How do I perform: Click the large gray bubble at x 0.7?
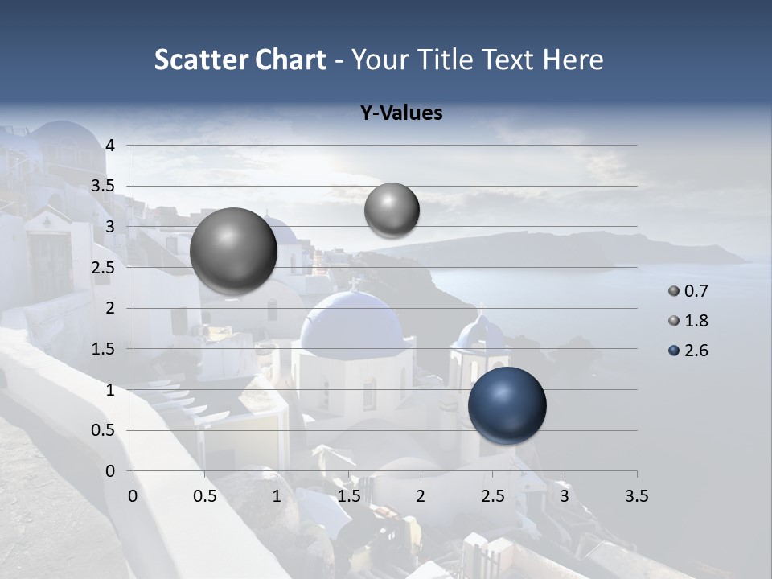click(x=234, y=251)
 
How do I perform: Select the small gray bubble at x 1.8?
click(x=392, y=210)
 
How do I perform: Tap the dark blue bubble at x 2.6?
click(x=507, y=405)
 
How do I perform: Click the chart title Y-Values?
click(x=401, y=113)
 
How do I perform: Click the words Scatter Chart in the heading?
click(x=240, y=60)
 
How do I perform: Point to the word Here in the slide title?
click(x=573, y=60)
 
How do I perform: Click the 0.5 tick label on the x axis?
click(x=205, y=496)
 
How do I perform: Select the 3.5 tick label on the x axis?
click(x=636, y=496)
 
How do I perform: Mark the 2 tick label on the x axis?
click(x=421, y=496)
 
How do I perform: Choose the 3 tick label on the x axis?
click(x=565, y=496)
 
